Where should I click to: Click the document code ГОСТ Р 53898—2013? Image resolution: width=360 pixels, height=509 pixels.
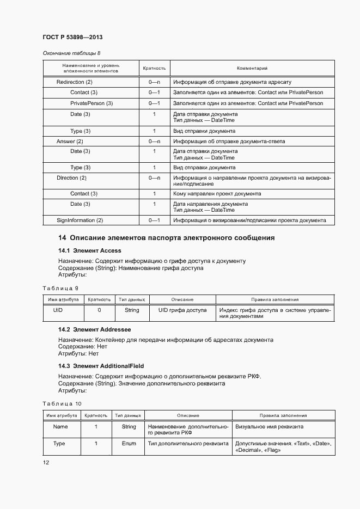pyautogui.click(x=72, y=37)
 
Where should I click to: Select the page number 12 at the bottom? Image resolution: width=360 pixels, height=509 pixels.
pyautogui.click(x=46, y=462)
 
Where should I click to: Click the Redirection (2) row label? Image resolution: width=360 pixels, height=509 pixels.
pyautogui.click(x=75, y=82)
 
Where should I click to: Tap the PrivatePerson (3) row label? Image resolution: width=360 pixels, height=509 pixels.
pyautogui.click(x=91, y=103)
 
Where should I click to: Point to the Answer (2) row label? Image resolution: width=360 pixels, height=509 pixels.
pyautogui.click(x=69, y=141)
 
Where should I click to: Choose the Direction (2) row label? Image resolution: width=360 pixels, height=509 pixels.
pyautogui.click(x=71, y=178)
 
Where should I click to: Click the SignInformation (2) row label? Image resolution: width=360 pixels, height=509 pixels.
pyautogui.click(x=80, y=220)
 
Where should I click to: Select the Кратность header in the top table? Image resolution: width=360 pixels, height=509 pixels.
pyautogui.click(x=154, y=69)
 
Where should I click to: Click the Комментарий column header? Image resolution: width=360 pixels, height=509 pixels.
pyautogui.click(x=252, y=69)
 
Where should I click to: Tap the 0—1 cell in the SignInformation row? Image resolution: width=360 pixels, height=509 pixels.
pyautogui.click(x=154, y=220)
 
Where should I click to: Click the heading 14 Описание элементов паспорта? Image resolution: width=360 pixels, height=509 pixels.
pyautogui.click(x=166, y=238)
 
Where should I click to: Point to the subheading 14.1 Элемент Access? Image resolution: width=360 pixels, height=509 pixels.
pyautogui.click(x=90, y=251)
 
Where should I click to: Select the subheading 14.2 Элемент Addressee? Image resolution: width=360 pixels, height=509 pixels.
pyautogui.click(x=95, y=330)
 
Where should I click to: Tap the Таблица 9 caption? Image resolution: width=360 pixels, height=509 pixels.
pyautogui.click(x=60, y=288)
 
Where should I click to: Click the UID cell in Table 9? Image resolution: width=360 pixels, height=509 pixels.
pyautogui.click(x=58, y=310)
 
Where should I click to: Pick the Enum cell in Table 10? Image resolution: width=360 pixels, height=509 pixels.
pyautogui.click(x=129, y=444)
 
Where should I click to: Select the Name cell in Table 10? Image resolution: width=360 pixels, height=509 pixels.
pyautogui.click(x=60, y=427)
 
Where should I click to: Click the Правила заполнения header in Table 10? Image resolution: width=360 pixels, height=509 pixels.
pyautogui.click(x=283, y=415)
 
